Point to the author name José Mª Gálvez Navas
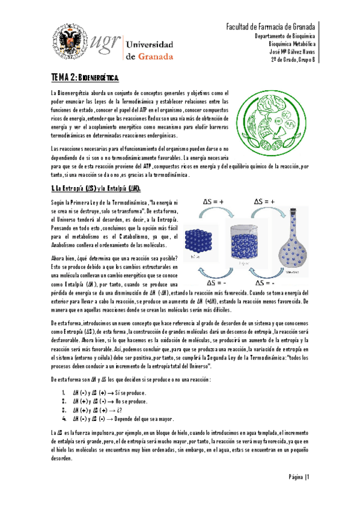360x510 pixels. [288, 51]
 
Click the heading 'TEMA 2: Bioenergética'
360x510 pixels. [84, 78]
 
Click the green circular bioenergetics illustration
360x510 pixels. [262, 115]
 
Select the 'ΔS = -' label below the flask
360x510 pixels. [265, 282]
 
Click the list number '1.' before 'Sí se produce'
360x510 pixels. [64, 393]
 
